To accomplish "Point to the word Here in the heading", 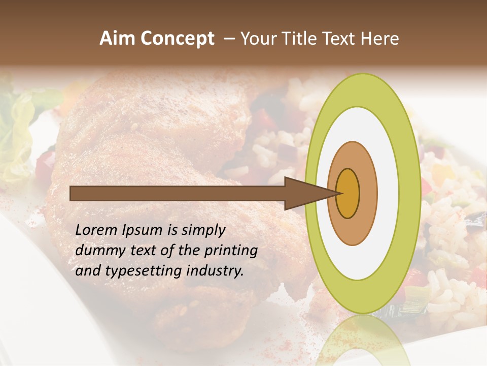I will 380,39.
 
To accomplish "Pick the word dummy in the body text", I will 96,251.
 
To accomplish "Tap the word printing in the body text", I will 230,251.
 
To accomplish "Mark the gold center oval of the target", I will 348,193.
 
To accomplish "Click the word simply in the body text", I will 202,230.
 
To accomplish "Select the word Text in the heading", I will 341,39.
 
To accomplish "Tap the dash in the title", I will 229,39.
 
